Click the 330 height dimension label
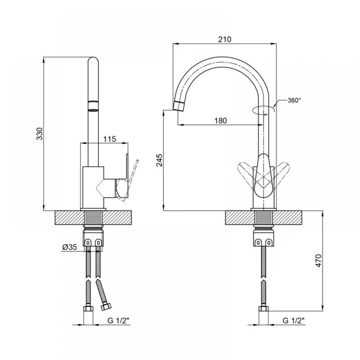click(x=40, y=134)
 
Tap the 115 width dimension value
click(x=109, y=139)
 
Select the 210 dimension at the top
click(x=225, y=40)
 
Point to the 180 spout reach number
click(x=221, y=121)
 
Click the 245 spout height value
click(x=159, y=160)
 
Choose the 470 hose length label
click(x=319, y=261)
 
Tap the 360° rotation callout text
click(x=294, y=100)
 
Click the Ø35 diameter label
click(x=69, y=247)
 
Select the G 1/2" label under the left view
click(x=118, y=320)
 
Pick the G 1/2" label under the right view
click(x=293, y=320)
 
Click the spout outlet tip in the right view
click(x=178, y=106)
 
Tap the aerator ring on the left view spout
click(x=93, y=102)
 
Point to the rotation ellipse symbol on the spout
click(x=264, y=109)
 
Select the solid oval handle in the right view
click(x=264, y=176)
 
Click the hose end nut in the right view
click(x=264, y=309)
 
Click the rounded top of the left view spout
click(x=93, y=60)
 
